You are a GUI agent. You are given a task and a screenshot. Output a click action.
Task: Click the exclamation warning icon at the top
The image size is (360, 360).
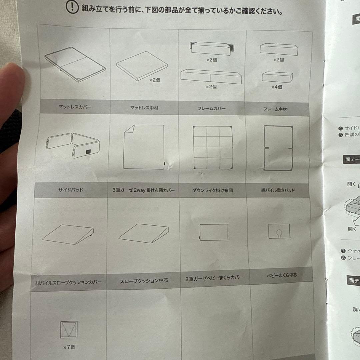[x=72, y=7]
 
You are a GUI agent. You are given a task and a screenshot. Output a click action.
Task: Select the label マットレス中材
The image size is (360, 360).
[x=144, y=108]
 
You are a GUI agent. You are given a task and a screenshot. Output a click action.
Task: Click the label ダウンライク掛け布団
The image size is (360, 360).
[x=212, y=191]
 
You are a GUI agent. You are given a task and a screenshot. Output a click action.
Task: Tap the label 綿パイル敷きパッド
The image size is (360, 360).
[x=278, y=190]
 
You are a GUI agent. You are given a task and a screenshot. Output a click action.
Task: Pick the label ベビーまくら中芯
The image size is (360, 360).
[x=282, y=275]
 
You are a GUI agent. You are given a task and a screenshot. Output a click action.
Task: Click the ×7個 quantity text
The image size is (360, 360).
[x=69, y=347]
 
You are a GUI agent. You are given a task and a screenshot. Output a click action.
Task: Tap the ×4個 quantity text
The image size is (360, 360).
[x=276, y=87]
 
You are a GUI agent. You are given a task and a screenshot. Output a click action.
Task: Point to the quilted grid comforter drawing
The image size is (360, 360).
[x=212, y=147]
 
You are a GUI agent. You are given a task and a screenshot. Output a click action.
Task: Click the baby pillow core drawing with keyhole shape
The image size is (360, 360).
[x=279, y=231]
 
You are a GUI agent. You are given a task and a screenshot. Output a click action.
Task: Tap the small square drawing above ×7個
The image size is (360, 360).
[x=69, y=330]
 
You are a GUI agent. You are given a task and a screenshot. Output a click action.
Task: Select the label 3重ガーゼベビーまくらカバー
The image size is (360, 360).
[x=214, y=278]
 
